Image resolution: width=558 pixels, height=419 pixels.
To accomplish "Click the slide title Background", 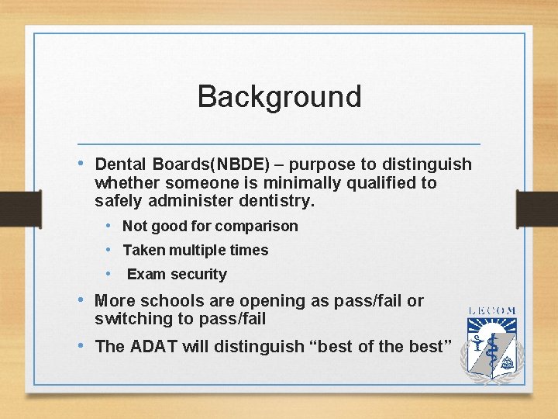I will point(279,97).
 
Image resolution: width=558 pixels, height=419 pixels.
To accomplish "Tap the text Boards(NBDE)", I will point(210,164).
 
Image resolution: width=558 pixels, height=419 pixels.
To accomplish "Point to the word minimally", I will point(302,183).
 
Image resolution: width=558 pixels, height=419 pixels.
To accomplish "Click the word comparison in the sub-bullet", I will point(257,227).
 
